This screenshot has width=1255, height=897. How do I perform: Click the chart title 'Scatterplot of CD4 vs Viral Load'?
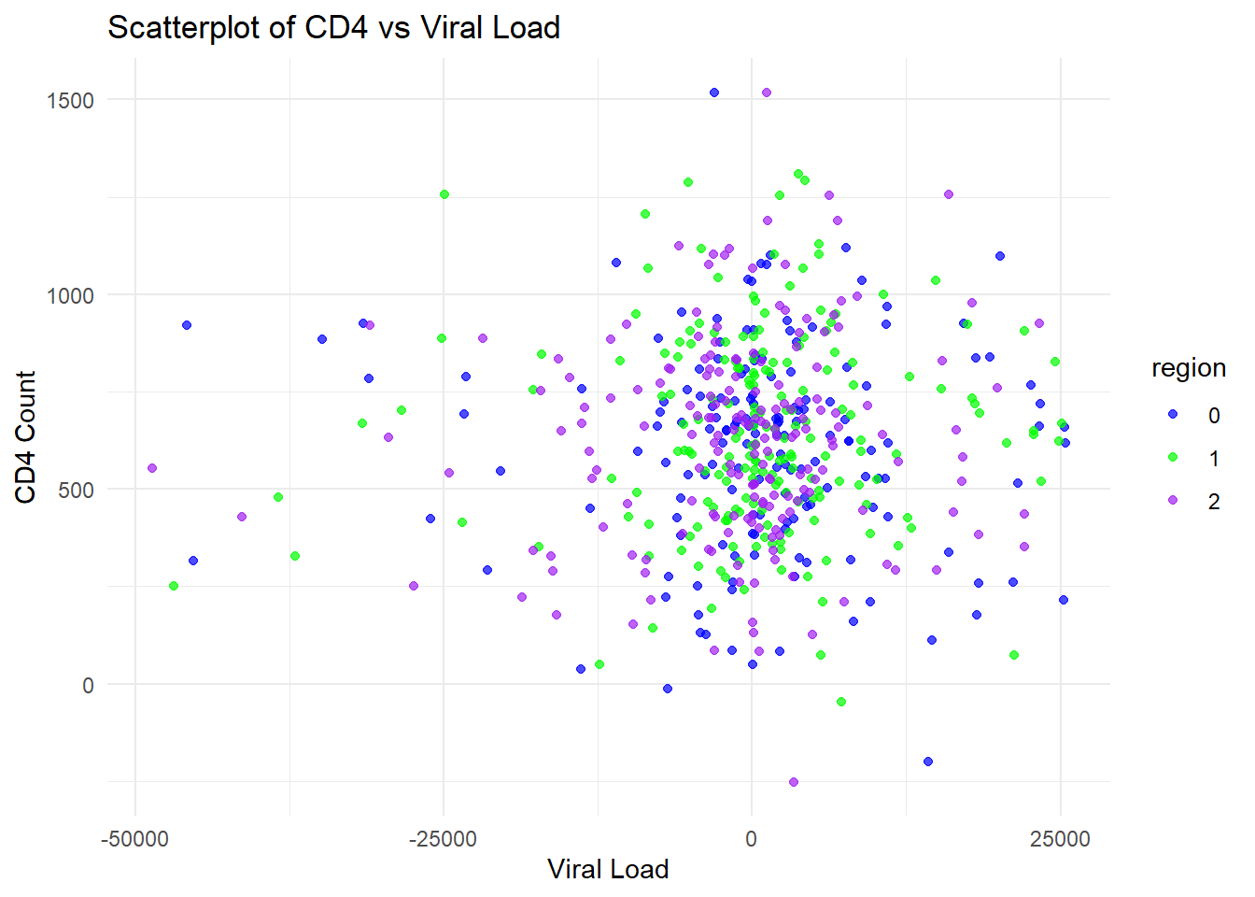click(x=333, y=28)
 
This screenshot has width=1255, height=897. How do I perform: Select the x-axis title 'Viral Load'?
click(x=608, y=869)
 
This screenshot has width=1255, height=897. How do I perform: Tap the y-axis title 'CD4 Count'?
click(x=25, y=436)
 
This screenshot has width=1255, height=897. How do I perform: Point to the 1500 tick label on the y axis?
click(x=70, y=101)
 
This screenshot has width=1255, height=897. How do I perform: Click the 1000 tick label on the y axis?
click(x=70, y=295)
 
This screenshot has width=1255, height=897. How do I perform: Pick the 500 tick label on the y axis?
click(x=76, y=491)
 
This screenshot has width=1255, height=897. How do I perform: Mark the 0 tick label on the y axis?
click(x=88, y=686)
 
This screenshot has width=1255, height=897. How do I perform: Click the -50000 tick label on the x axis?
click(x=135, y=838)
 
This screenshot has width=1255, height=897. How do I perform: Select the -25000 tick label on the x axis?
click(x=444, y=838)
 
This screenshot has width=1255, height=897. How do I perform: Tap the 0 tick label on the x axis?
click(x=752, y=838)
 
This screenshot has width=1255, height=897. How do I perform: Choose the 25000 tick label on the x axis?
click(x=1060, y=838)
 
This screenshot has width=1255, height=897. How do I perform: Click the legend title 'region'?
click(x=1188, y=368)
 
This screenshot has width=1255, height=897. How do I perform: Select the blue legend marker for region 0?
click(x=1173, y=414)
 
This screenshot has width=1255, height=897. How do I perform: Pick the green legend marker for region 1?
click(x=1173, y=457)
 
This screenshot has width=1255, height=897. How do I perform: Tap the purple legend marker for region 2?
click(x=1173, y=500)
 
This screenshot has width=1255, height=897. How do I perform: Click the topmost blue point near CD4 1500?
click(x=714, y=93)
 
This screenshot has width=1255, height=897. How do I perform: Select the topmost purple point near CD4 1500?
click(x=767, y=93)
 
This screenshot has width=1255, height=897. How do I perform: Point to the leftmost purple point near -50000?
click(x=152, y=468)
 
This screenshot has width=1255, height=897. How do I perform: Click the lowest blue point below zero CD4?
click(x=928, y=762)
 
